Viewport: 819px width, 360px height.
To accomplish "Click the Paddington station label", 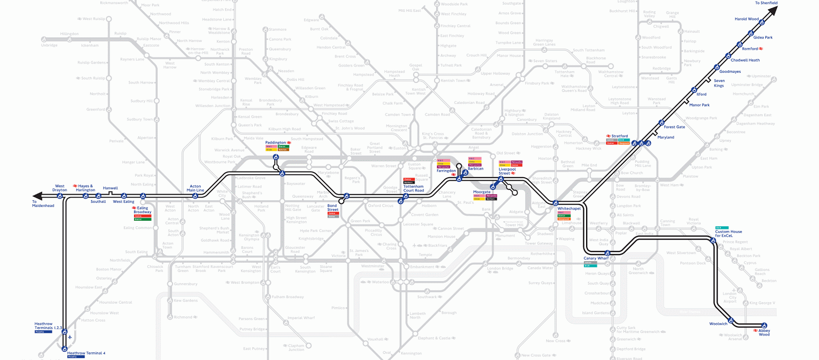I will [x=275, y=142].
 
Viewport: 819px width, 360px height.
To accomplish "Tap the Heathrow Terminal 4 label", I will [x=86, y=353].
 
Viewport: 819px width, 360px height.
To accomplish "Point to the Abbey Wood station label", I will [x=764, y=333].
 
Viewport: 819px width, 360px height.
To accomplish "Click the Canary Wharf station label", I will [x=596, y=258].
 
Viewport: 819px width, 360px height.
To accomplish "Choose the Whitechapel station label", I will [x=569, y=208].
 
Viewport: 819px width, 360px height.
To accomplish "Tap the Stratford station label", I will [x=619, y=136].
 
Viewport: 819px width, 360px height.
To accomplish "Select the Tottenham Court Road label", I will [x=413, y=188].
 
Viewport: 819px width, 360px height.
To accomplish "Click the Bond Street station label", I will [x=333, y=207].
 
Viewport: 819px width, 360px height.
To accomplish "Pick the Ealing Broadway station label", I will [x=142, y=210].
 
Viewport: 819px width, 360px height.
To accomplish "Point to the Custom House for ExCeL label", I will [x=728, y=234].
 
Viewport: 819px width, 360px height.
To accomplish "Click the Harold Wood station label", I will [x=746, y=19].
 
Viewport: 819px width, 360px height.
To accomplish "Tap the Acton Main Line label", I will [x=195, y=188].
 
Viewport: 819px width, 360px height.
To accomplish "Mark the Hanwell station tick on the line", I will [x=111, y=193].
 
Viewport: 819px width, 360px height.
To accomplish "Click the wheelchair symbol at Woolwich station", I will [x=730, y=321].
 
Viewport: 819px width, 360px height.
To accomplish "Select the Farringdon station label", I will [x=446, y=171].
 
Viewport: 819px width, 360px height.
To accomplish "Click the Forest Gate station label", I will [x=674, y=127].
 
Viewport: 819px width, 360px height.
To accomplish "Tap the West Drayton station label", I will [x=59, y=188].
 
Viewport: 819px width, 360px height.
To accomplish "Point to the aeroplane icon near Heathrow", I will [x=70, y=337].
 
